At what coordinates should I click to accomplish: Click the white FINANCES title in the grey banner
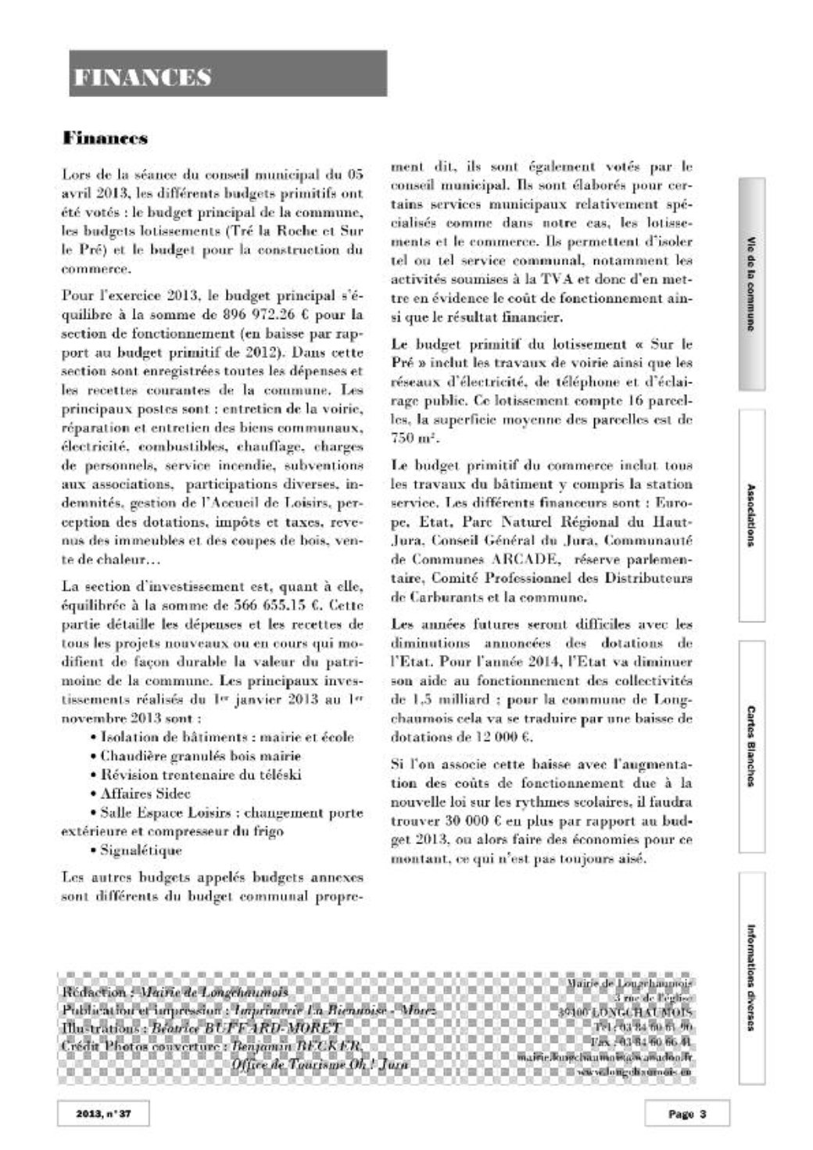[143, 77]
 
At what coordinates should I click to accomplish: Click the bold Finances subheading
[106, 138]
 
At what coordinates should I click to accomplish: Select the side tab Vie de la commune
[751, 284]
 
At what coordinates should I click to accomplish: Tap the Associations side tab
[751, 515]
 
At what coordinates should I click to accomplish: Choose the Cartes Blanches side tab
[751, 746]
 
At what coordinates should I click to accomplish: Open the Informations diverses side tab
[751, 977]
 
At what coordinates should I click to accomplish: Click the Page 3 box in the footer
[687, 1114]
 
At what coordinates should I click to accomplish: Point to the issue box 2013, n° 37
[102, 1114]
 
